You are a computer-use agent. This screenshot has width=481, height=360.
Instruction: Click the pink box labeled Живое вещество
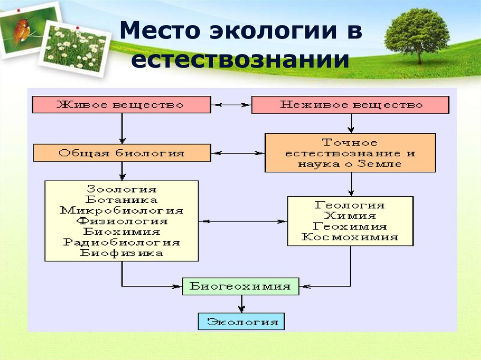122,105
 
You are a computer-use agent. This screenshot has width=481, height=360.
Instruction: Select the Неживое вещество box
350,105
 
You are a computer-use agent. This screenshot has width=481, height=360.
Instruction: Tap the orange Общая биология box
122,153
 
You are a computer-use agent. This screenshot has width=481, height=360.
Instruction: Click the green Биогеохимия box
240,286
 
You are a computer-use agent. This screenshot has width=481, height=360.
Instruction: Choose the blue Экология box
241,322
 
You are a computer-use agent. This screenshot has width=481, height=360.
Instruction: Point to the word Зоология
122,189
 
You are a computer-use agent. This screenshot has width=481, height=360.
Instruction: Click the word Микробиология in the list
122,210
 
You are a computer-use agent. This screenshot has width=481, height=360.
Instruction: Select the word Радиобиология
122,242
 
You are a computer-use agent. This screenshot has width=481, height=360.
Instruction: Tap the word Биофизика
122,253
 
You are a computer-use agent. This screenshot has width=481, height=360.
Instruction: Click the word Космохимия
350,237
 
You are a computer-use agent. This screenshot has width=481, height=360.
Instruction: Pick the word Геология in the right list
350,205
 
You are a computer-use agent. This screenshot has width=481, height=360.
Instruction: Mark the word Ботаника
122,199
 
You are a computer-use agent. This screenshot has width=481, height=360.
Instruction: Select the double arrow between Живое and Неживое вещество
231,105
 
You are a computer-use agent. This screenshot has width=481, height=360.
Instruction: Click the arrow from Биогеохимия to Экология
241,304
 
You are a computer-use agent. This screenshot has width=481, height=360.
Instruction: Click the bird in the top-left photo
22,30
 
